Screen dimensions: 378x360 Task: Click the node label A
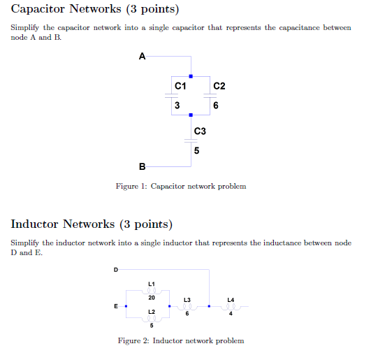pos(143,56)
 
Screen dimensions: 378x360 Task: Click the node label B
pos(143,166)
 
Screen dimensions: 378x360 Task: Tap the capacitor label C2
pos(219,86)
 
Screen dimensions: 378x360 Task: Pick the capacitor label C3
pos(200,131)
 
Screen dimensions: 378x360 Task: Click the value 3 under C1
pos(177,106)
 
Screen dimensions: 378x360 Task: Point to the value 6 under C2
pos(217,106)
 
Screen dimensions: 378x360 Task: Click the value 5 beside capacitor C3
pos(197,150)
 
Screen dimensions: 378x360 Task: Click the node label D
pos(116,269)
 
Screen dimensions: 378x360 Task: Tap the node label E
pos(116,305)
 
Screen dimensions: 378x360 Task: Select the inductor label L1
pos(152,283)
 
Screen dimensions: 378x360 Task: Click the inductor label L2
pos(152,311)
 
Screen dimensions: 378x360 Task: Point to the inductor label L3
pos(187,299)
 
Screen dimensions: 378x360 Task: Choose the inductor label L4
pos(231,299)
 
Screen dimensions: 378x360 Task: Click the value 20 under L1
pos(152,298)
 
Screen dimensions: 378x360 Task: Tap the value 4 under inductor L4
pos(231,313)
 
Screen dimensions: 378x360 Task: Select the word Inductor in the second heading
pos(36,224)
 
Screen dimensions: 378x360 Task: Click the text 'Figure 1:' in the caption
pos(131,187)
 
